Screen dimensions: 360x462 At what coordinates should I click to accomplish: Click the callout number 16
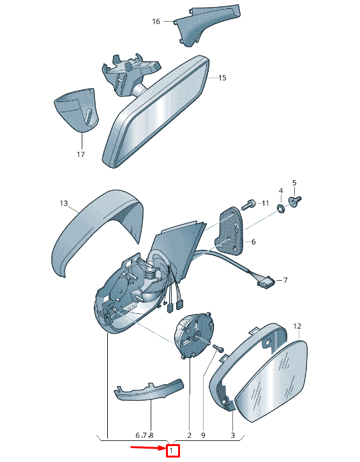[156, 22]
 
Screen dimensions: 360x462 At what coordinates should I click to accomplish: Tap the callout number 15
[222, 78]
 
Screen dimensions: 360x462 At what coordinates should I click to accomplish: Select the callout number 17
[81, 154]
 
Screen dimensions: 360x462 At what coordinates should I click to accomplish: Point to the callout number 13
[64, 204]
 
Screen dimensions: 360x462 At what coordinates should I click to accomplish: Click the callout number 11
[266, 204]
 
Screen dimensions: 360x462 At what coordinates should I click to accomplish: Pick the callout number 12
[297, 326]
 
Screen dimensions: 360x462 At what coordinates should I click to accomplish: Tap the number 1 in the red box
[171, 451]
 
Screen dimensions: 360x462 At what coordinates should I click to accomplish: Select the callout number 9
[203, 435]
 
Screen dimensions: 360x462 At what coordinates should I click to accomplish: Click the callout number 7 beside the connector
[285, 280]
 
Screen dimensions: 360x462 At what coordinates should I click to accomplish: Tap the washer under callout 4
[281, 208]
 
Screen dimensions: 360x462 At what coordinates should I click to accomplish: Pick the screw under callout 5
[295, 201]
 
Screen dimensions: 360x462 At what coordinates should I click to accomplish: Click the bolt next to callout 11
[248, 204]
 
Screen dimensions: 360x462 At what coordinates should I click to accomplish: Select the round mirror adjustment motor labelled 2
[193, 335]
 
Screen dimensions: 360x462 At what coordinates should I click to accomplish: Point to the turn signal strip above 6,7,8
[149, 391]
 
